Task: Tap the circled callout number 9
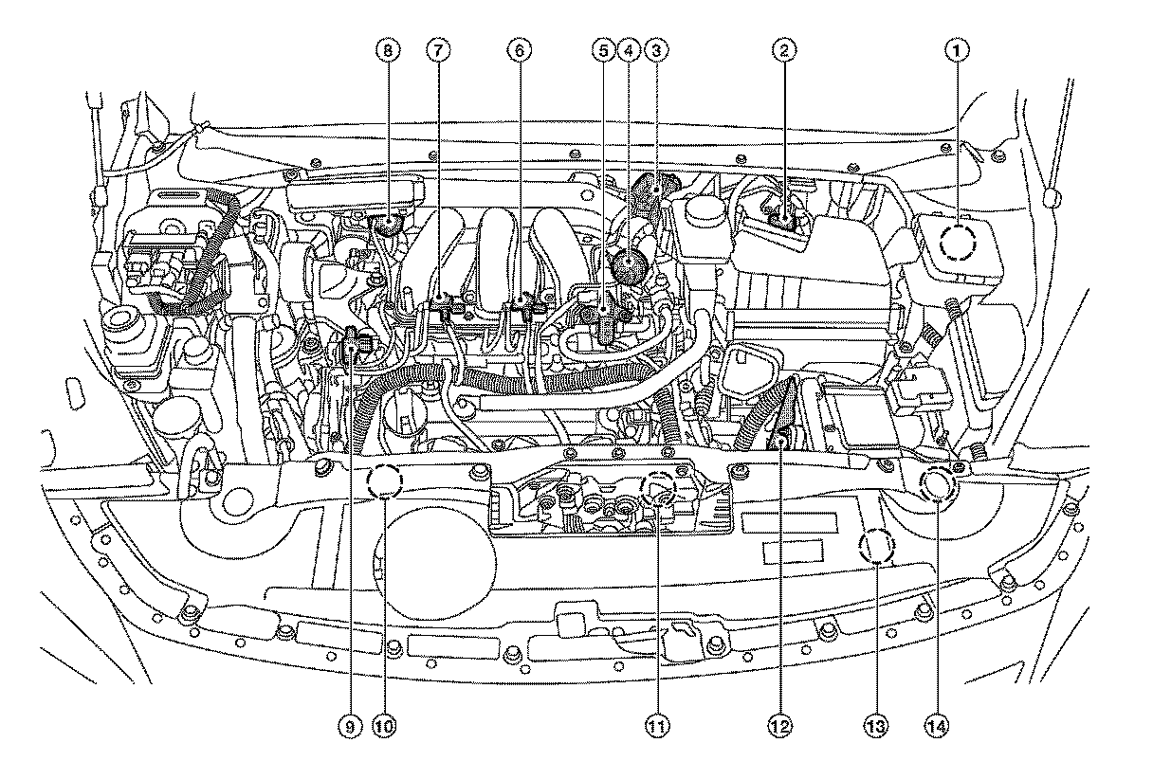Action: click(350, 727)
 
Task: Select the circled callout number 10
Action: click(383, 727)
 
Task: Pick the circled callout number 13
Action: click(875, 727)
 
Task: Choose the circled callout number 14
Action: click(937, 727)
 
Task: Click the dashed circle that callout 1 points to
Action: click(958, 244)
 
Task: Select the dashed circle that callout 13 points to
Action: click(875, 548)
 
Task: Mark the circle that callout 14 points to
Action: click(938, 484)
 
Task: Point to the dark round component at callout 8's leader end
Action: click(387, 226)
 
